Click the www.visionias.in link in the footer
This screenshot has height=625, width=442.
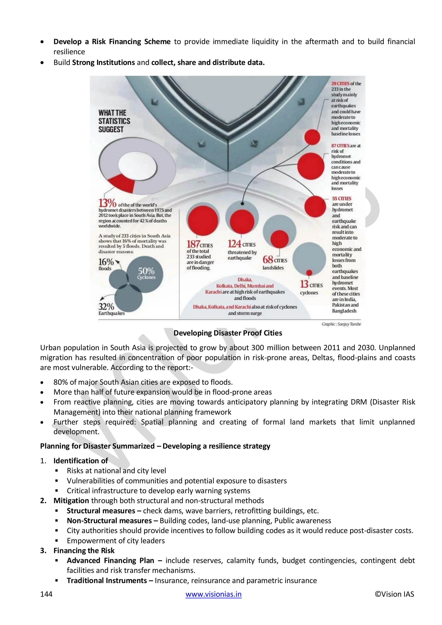point(213,594)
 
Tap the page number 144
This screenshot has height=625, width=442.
point(46,594)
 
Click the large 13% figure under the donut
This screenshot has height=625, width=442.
point(107,203)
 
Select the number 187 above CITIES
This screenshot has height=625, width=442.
point(193,244)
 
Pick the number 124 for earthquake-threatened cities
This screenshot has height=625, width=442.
point(234,244)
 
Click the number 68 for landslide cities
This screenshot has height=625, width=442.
point(268,259)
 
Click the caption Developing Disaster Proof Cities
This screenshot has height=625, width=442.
point(228,333)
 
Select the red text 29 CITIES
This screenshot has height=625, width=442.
point(340,84)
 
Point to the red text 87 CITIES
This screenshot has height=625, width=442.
point(340,146)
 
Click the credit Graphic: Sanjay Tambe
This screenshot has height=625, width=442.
point(341,324)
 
